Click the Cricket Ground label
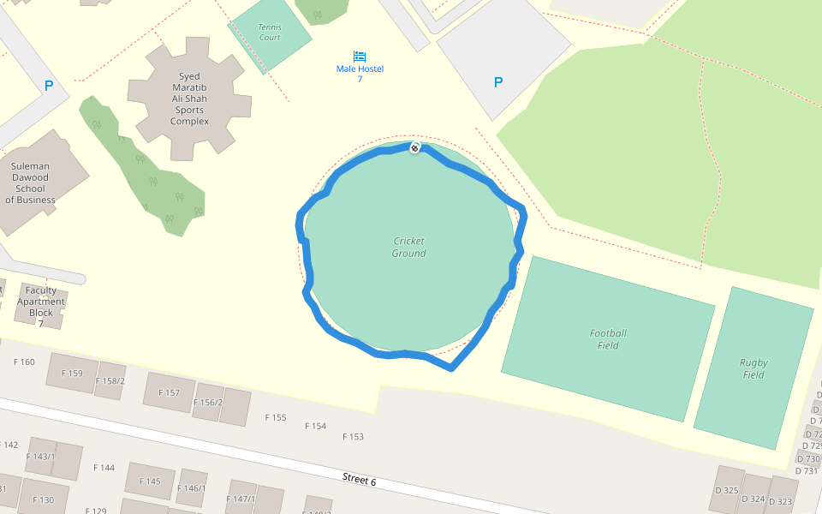pyautogui.click(x=408, y=247)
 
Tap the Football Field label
pyautogui.click(x=608, y=339)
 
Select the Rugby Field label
pyautogui.click(x=753, y=368)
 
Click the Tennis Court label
pyautogui.click(x=270, y=32)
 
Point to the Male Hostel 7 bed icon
pyautogui.click(x=360, y=56)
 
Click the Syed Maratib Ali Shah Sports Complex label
pyautogui.click(x=190, y=99)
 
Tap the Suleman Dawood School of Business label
pyautogui.click(x=30, y=183)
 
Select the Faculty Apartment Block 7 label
pyautogui.click(x=40, y=306)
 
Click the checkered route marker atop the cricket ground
pyautogui.click(x=414, y=148)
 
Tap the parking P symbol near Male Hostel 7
pyautogui.click(x=498, y=82)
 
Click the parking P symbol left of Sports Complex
pyautogui.click(x=49, y=86)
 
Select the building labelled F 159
pyautogui.click(x=73, y=373)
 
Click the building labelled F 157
pyautogui.click(x=169, y=393)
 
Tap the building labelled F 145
pyautogui.click(x=150, y=481)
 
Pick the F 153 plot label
pyautogui.click(x=353, y=437)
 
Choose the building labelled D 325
pyautogui.click(x=726, y=491)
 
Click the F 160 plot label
pyautogui.click(x=24, y=362)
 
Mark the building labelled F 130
pyautogui.click(x=43, y=500)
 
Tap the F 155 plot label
pyautogui.click(x=275, y=417)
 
